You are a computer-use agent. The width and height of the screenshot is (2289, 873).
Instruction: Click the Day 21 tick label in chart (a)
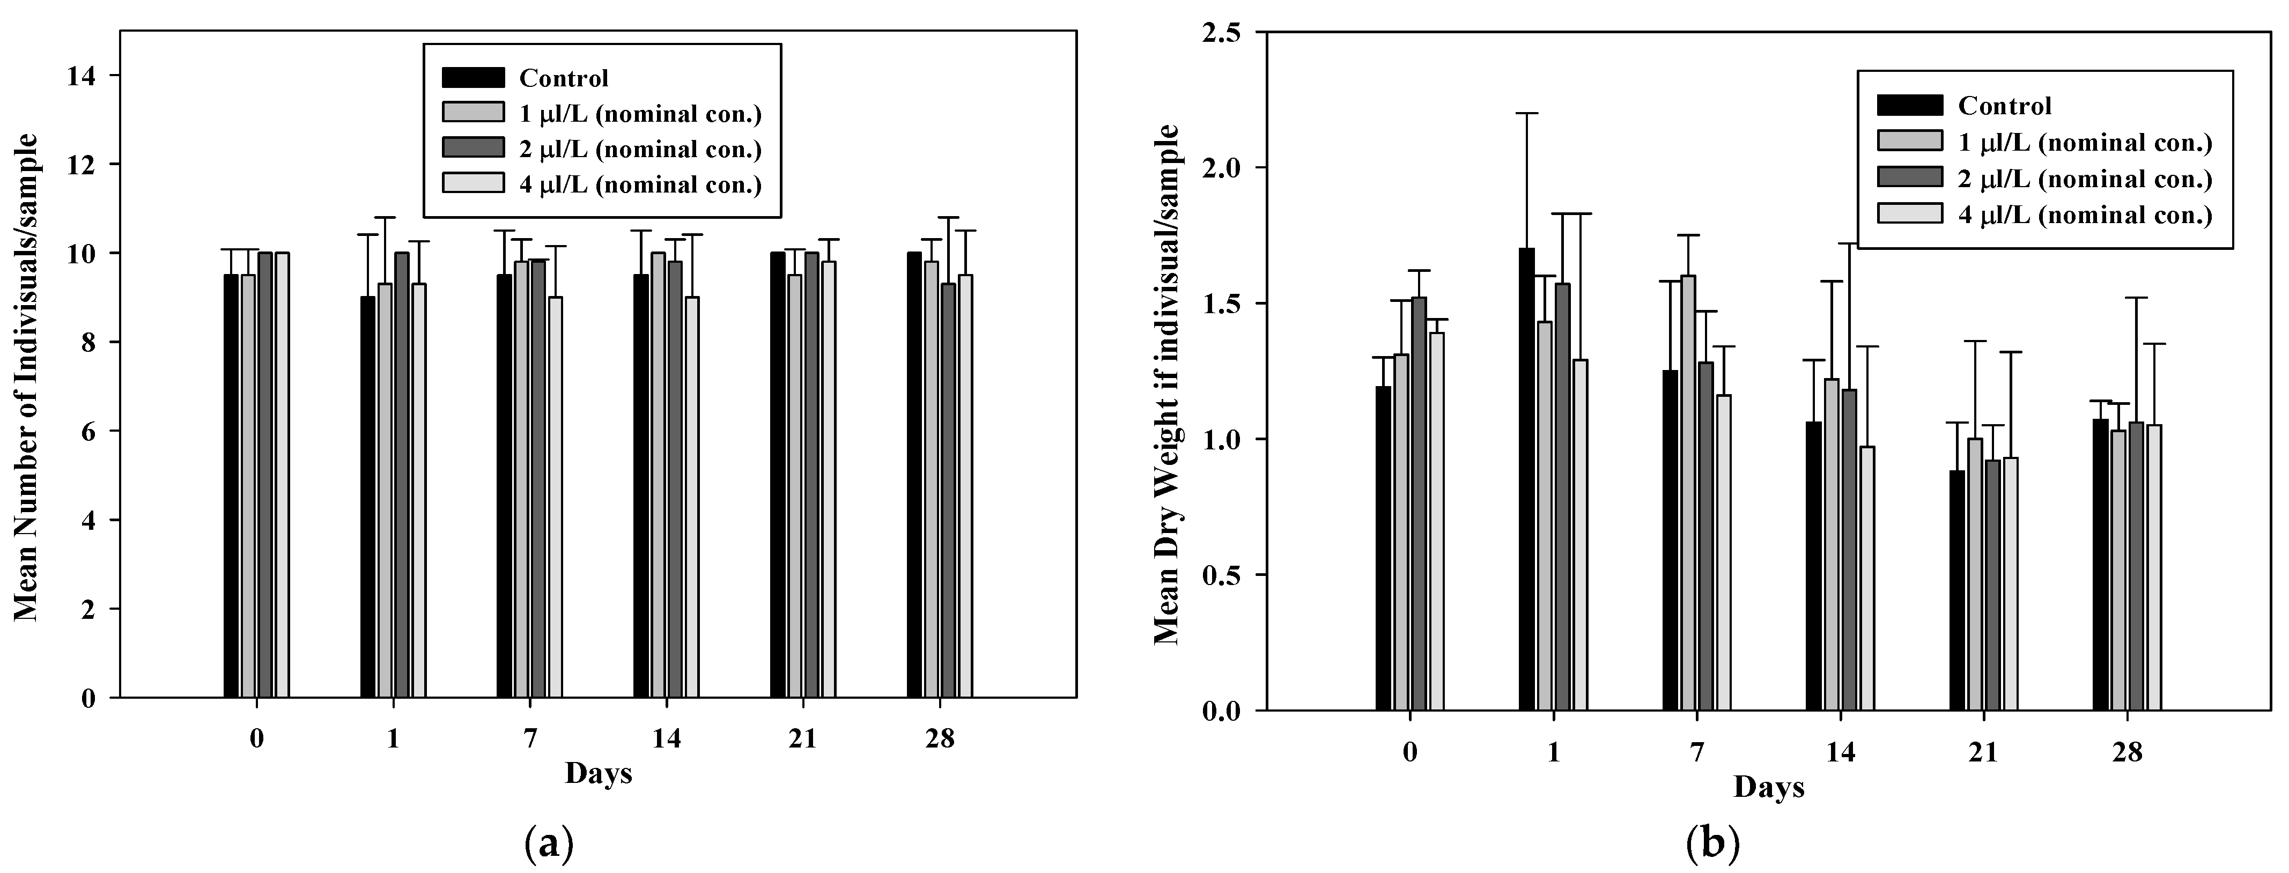(x=802, y=738)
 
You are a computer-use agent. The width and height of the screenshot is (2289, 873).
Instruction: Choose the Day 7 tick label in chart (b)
(x=1696, y=752)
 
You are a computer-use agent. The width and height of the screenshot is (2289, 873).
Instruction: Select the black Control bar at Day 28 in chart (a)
(x=913, y=475)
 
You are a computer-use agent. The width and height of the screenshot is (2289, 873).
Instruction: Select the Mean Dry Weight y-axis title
(x=1166, y=383)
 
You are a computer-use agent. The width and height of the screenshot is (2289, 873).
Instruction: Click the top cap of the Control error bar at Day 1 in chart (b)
(x=1526, y=113)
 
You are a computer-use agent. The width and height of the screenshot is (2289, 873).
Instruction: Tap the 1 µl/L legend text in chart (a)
(x=640, y=114)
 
